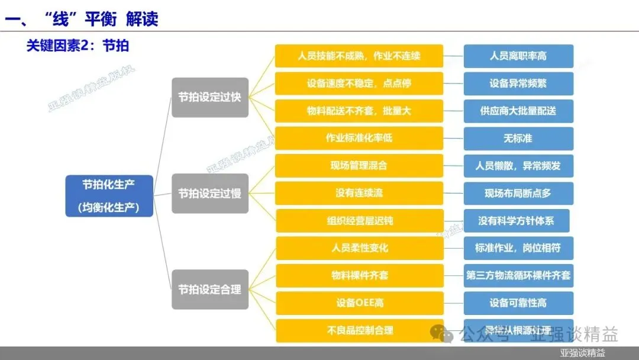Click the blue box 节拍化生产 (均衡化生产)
109,195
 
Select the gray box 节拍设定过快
210,97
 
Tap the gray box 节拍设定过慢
210,193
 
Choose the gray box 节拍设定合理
210,290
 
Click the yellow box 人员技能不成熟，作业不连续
359,56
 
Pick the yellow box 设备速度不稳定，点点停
359,83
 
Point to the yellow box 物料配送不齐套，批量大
359,111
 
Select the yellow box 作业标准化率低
359,138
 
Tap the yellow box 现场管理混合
359,166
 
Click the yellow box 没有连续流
359,193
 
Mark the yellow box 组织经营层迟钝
359,221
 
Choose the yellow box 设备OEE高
359,303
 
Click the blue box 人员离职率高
518,56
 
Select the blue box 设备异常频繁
518,83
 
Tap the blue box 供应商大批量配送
518,111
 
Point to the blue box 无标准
518,138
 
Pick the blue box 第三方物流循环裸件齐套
518,276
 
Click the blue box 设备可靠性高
518,303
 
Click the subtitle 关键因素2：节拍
78,46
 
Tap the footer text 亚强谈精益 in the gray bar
583,353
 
